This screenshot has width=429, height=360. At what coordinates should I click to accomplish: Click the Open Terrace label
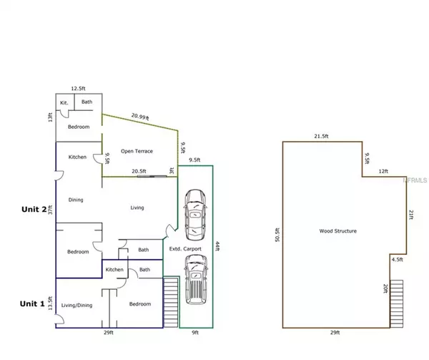click(137, 151)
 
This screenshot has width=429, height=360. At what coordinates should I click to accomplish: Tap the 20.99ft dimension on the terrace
click(140, 117)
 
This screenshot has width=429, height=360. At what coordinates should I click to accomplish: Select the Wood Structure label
click(338, 230)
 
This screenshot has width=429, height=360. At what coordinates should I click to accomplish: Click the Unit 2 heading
click(34, 210)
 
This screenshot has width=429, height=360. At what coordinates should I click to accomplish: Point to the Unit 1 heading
click(32, 303)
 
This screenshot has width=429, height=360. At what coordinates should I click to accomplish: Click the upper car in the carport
click(195, 215)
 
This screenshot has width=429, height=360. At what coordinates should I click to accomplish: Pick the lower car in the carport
click(196, 280)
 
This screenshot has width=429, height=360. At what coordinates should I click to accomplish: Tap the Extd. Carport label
click(185, 249)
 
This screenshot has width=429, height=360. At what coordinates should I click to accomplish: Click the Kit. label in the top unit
click(64, 102)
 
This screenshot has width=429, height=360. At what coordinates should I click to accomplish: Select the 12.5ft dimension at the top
click(78, 89)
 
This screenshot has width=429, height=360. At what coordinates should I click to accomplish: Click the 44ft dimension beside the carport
click(218, 245)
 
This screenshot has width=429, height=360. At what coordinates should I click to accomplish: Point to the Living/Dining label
click(77, 305)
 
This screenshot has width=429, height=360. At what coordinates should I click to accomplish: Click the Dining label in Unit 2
click(76, 200)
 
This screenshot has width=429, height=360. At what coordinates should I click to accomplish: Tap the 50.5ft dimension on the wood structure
click(277, 235)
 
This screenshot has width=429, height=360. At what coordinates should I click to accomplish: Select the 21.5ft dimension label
click(321, 136)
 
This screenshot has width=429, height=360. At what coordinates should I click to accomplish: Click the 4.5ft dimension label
click(398, 259)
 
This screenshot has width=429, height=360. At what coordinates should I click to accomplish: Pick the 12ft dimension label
click(383, 171)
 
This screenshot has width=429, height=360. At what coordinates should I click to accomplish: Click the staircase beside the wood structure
click(396, 303)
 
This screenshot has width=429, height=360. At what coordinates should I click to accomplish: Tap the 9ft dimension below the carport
click(195, 333)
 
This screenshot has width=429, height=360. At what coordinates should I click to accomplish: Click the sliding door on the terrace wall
click(152, 176)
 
